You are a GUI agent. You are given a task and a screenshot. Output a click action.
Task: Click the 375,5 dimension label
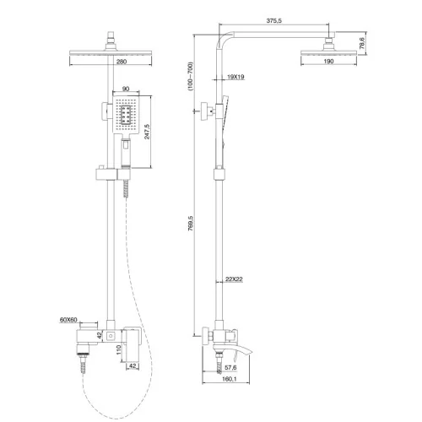[x=273, y=21]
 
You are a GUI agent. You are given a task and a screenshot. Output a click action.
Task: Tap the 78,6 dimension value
[x=362, y=43]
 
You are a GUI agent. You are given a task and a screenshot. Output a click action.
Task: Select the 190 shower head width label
[x=328, y=61]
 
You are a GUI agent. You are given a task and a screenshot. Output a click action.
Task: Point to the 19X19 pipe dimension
[x=235, y=77]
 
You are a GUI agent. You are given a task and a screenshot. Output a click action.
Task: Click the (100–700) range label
[x=191, y=76]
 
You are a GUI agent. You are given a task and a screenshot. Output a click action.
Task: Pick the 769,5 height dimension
[x=191, y=224]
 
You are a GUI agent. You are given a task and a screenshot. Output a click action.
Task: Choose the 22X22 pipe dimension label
[x=234, y=279]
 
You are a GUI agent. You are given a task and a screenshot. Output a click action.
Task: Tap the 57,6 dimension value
[x=230, y=367]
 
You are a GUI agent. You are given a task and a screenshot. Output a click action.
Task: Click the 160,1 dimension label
[x=230, y=379]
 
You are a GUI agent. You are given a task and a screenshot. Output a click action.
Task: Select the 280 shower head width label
[x=122, y=62]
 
